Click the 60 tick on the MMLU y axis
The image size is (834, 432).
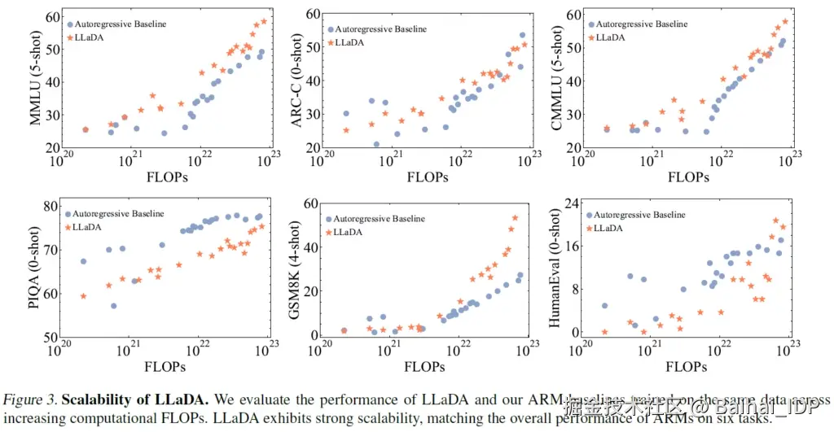click(x=52, y=17)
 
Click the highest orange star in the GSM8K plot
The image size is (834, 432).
click(x=516, y=217)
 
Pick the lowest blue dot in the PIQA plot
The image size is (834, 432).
click(x=114, y=306)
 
